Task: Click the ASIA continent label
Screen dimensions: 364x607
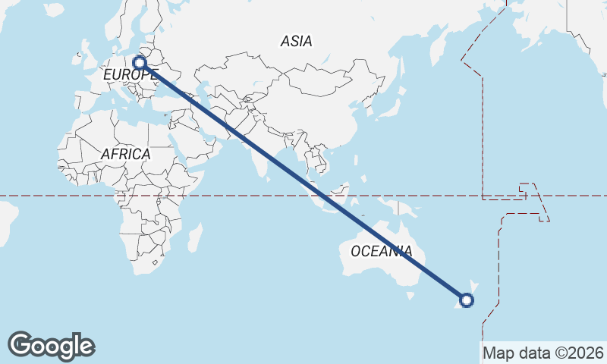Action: pos(296,41)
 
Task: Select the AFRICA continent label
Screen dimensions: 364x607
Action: pos(125,154)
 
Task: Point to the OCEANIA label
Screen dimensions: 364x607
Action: pos(381,251)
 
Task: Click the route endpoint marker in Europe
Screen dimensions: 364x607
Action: pos(140,63)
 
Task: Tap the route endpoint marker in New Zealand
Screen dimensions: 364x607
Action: pos(467,300)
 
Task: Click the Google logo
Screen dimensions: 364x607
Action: pos(51,346)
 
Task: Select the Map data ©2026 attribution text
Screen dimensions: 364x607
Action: pos(543,353)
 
